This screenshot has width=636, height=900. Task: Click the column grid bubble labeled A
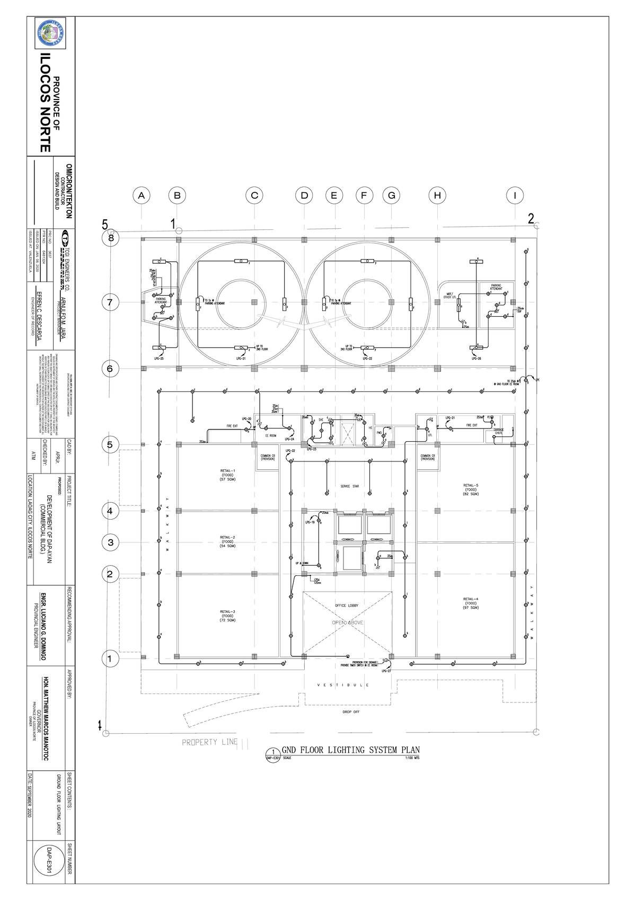(x=141, y=195)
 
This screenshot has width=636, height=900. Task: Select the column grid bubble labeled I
(x=514, y=195)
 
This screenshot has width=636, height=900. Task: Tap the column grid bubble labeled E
(x=334, y=195)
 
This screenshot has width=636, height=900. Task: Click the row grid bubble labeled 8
(x=110, y=238)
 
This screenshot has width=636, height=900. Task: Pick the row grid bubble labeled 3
(x=110, y=542)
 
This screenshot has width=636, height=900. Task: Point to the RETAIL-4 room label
(x=471, y=603)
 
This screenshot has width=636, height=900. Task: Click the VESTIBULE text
(x=343, y=685)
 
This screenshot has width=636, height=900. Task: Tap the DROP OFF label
(x=351, y=712)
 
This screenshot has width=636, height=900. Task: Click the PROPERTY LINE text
(x=210, y=742)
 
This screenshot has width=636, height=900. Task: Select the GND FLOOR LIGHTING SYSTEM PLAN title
(x=350, y=750)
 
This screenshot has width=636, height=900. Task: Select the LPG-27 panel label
(x=385, y=671)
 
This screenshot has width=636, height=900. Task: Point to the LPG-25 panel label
(x=158, y=359)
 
